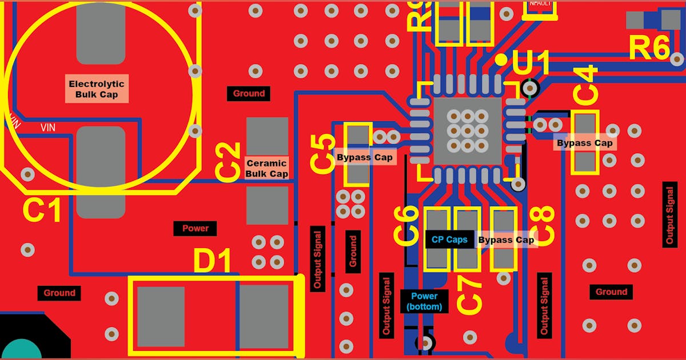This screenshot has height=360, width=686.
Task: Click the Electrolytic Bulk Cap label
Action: click(x=97, y=89)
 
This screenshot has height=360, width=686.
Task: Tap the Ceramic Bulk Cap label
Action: click(x=266, y=168)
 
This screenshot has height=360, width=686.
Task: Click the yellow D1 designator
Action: click(x=212, y=261)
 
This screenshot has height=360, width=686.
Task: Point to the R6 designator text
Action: click(x=649, y=48)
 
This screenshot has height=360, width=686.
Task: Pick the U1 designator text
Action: click(x=531, y=62)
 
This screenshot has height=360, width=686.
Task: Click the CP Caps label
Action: click(x=449, y=240)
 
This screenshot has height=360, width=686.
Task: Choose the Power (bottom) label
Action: click(x=424, y=301)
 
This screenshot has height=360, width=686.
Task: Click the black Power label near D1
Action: click(x=196, y=229)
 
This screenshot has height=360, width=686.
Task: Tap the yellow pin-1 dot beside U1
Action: click(x=501, y=59)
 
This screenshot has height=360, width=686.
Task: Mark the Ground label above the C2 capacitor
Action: click(x=249, y=93)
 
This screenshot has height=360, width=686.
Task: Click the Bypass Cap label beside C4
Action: click(x=585, y=143)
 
